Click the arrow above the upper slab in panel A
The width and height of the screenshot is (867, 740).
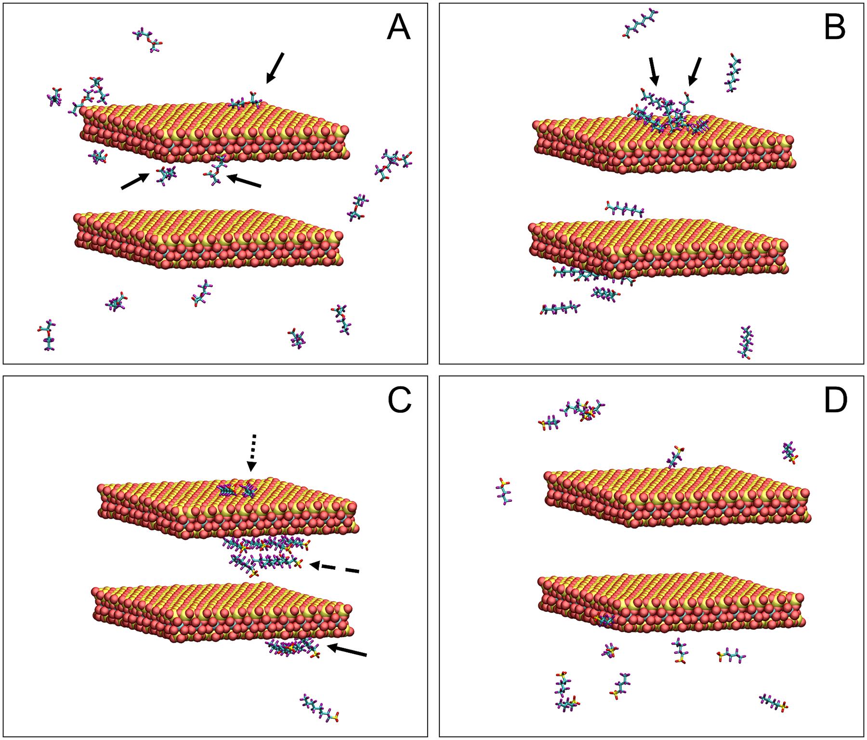tap(276, 67)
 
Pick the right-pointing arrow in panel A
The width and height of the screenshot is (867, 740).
tap(135, 182)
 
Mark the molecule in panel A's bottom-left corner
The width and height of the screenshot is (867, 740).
tap(47, 335)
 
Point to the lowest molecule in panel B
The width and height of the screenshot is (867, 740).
tap(745, 342)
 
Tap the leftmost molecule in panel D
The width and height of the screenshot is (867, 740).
tap(503, 491)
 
